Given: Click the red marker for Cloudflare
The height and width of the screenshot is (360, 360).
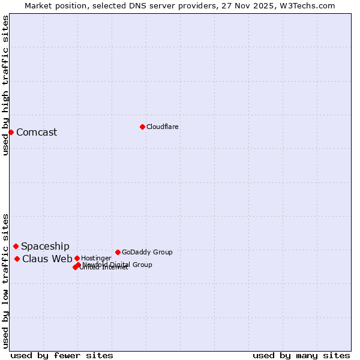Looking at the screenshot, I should tap(142, 127).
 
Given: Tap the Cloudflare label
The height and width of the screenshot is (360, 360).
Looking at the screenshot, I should tap(163, 127).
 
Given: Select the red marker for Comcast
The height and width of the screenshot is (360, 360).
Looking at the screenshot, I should tap(11, 132).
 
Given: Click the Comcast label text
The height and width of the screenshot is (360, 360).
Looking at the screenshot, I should tap(37, 133).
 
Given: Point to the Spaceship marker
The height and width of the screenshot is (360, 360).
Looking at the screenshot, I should tap(16, 246).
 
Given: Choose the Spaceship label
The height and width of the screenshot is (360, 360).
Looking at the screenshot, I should tap(45, 247).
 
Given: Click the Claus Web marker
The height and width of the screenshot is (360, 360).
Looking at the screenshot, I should tap(17, 259).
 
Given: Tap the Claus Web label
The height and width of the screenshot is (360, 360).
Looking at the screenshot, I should tap(47, 259).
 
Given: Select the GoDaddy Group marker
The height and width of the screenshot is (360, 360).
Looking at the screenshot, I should tap(118, 252).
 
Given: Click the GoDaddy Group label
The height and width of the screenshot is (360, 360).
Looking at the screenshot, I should tap(147, 252).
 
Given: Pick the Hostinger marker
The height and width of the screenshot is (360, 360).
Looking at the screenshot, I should tap(77, 258).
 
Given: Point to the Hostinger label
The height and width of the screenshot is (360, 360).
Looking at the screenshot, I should tap(96, 258).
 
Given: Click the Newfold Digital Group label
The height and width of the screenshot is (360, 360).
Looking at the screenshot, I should tap(118, 264).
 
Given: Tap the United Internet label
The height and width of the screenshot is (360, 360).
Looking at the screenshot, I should tap(104, 268).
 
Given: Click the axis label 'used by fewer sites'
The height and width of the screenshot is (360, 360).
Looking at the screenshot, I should tap(62, 355).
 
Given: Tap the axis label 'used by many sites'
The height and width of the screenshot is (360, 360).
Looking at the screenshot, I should tap(301, 355).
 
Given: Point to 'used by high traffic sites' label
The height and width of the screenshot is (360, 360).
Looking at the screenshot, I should tap(5, 85).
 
